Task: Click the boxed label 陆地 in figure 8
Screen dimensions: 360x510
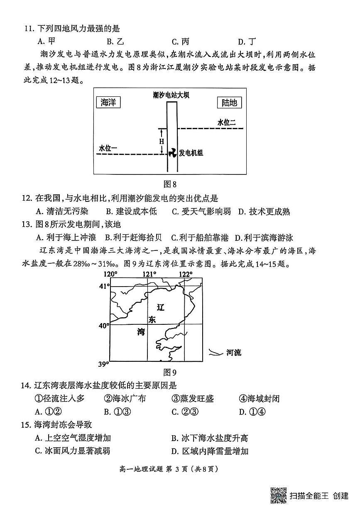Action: [x=229, y=103]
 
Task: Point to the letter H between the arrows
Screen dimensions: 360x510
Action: [x=162, y=141]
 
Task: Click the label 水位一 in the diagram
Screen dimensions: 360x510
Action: [x=108, y=148]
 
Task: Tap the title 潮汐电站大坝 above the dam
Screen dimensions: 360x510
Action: [x=171, y=95]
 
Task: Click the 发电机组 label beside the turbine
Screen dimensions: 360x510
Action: [x=191, y=153]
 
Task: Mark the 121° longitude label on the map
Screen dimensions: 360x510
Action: [x=149, y=274]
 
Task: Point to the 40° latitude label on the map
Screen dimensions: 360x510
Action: [x=103, y=326]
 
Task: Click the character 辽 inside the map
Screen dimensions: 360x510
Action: [x=161, y=307]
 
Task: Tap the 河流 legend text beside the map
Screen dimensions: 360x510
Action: [x=234, y=353]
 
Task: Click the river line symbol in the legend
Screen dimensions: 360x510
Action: [x=215, y=353]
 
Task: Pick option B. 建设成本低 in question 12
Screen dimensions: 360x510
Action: [x=132, y=211]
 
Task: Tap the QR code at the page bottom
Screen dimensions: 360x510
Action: [x=279, y=495]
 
